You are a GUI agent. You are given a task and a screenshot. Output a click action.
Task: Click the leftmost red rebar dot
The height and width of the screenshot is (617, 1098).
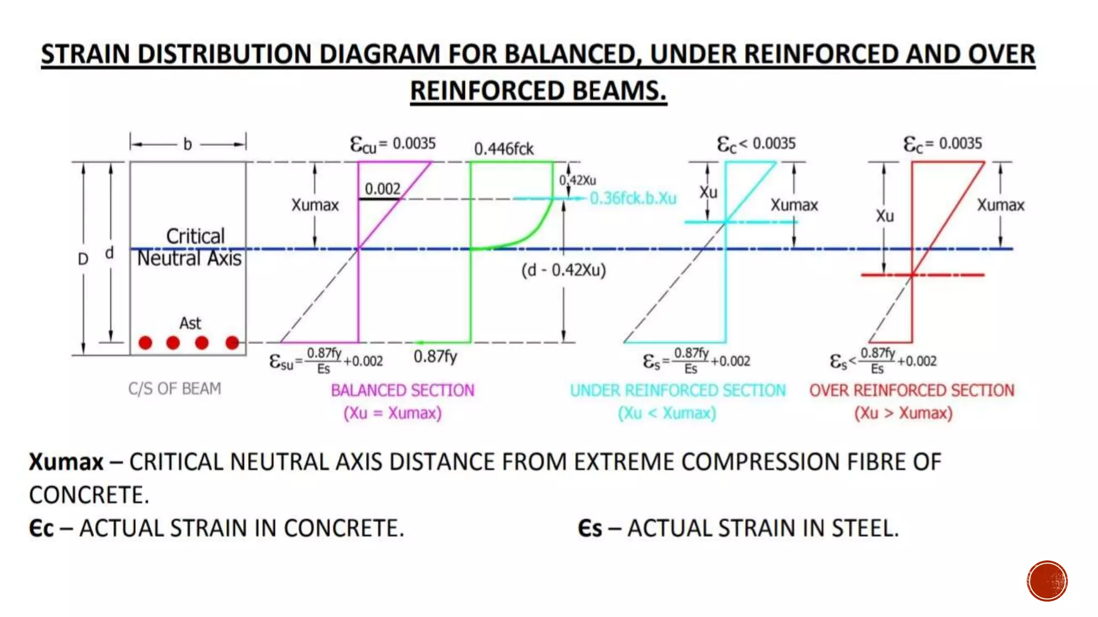click(145, 343)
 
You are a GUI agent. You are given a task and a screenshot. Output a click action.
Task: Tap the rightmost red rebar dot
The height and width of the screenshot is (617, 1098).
click(232, 343)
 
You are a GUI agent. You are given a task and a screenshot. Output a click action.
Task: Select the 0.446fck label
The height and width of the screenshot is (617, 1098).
click(503, 149)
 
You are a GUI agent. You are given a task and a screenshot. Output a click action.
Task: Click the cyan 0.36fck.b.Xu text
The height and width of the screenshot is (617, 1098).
click(633, 199)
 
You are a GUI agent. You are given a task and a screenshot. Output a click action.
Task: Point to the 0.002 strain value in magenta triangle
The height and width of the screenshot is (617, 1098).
click(382, 189)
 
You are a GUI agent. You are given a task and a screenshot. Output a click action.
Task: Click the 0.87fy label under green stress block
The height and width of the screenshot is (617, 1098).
click(435, 357)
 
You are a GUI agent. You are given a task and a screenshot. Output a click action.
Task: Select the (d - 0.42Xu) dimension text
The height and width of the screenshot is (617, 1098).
click(563, 270)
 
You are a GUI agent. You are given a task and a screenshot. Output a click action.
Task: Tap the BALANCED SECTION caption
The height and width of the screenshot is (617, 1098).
click(403, 390)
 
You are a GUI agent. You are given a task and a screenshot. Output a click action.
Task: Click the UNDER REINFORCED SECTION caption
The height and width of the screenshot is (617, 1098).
click(678, 390)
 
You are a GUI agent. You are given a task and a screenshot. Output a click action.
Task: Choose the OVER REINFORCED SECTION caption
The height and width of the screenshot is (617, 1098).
click(911, 390)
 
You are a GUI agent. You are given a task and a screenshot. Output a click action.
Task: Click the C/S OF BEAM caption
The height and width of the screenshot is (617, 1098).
click(174, 388)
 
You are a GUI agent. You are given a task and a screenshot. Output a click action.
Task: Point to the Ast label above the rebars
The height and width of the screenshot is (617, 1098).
click(190, 323)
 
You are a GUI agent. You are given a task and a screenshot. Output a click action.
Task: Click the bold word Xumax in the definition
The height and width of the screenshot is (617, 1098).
click(66, 462)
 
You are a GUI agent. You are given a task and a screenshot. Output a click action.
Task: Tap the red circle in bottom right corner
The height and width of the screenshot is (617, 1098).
click(1047, 581)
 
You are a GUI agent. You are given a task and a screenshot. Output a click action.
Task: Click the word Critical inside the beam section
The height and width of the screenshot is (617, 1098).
click(195, 236)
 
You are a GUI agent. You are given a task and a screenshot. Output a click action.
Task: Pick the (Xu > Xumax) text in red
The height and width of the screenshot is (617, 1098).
click(903, 413)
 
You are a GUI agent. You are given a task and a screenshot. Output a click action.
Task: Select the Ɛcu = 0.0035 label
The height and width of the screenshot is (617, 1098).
click(392, 144)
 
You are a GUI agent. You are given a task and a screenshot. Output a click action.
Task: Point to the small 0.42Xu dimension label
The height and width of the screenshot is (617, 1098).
click(578, 180)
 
